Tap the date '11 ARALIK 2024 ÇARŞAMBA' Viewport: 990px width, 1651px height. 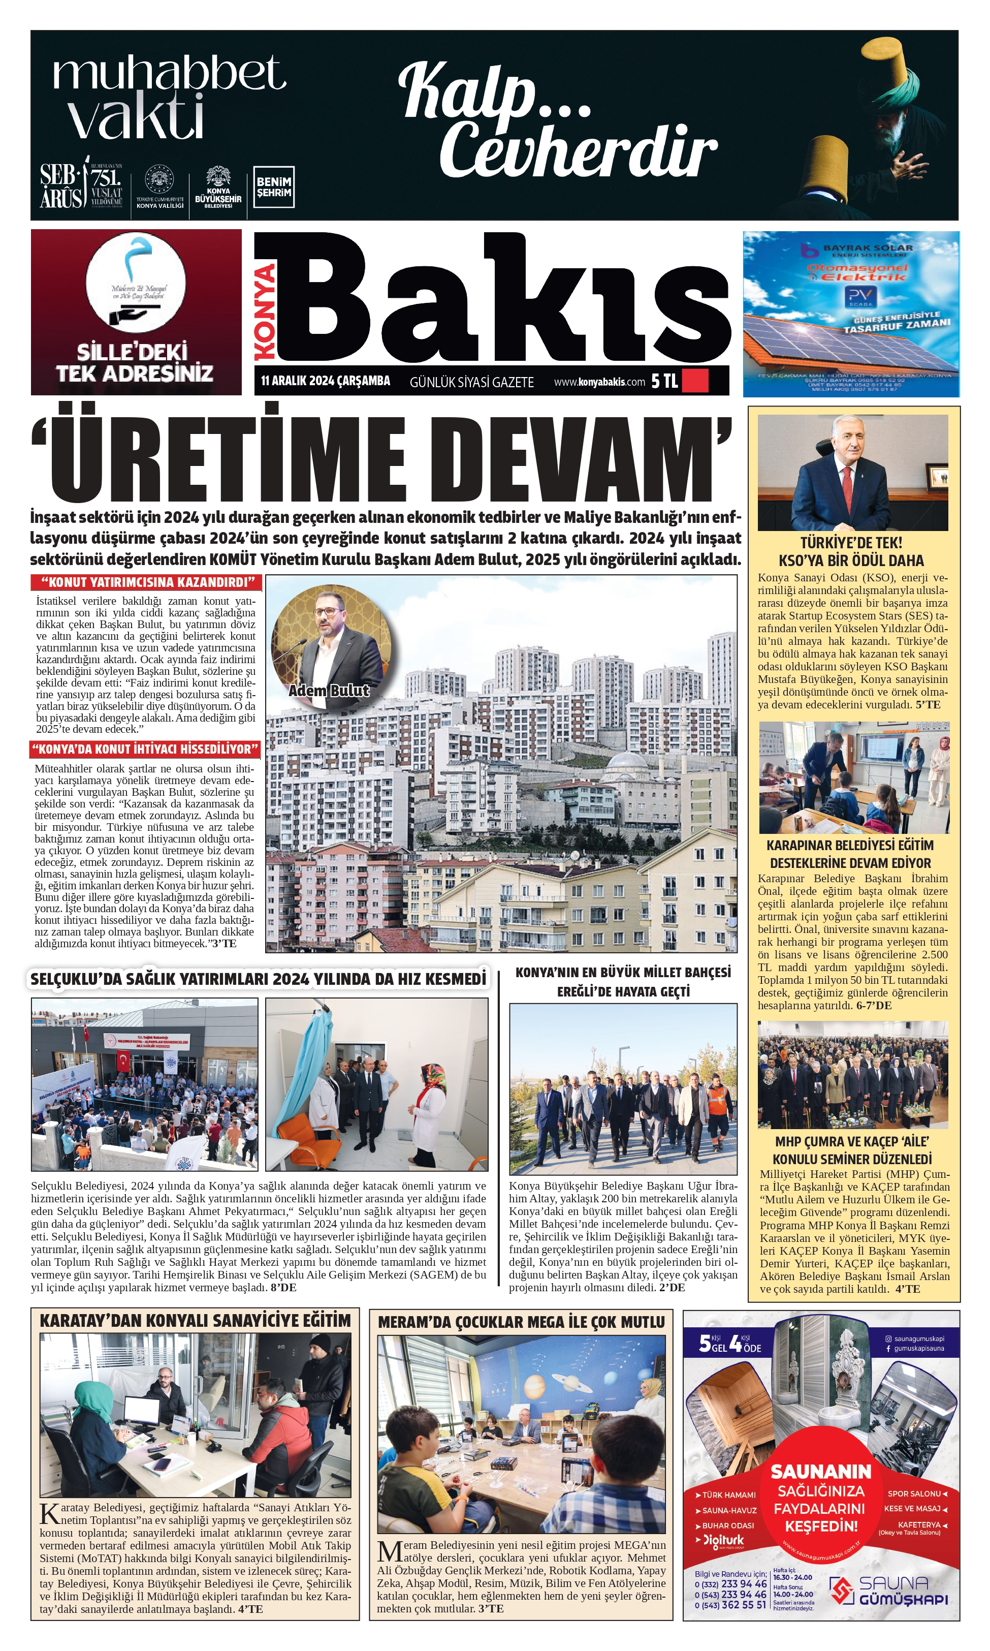coord(326,381)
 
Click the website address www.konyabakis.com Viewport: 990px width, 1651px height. coord(599,382)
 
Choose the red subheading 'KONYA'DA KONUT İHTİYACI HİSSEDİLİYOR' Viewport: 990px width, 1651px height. coord(145,749)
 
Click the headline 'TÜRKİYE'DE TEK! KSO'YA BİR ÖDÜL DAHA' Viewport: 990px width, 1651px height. coord(852,551)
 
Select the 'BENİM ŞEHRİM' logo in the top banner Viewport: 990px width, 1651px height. coord(273,187)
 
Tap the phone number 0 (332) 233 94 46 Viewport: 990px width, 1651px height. coord(730,1583)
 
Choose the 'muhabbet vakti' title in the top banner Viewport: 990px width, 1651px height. coord(167,97)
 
